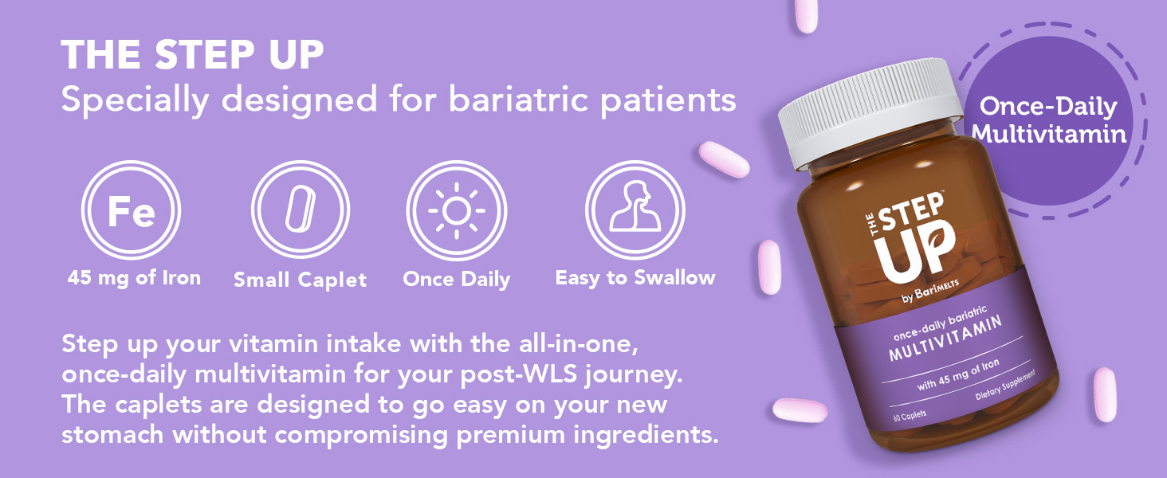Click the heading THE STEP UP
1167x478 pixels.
192,55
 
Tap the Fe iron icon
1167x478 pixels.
132,210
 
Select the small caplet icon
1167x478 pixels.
301,210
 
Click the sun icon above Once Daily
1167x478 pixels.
456,210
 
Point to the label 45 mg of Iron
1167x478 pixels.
134,278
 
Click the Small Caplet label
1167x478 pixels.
301,280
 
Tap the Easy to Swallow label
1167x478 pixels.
635,278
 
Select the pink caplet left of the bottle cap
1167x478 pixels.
724,159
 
